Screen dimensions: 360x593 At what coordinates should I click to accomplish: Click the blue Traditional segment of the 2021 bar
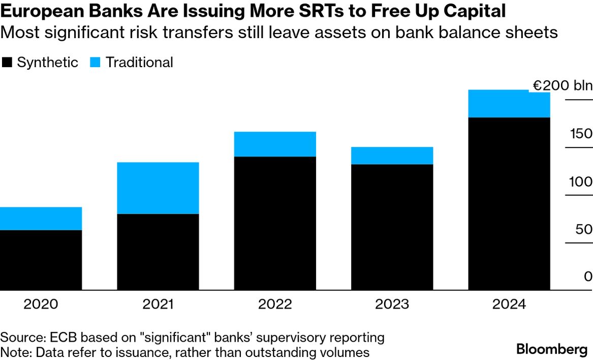click(158, 188)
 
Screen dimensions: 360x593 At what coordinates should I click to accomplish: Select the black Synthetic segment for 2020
click(41, 260)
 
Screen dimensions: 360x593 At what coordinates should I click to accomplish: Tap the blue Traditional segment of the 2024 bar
click(509, 104)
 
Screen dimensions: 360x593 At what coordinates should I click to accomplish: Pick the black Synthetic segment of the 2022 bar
click(275, 223)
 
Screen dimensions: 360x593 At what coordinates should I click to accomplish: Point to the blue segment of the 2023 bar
click(392, 156)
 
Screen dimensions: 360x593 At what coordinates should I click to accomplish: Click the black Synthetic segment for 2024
click(509, 203)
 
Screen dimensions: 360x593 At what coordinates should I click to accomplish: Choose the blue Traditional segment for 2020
click(41, 219)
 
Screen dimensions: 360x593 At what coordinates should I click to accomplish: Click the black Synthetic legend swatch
click(7, 63)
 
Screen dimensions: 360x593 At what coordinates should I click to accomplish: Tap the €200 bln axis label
click(562, 85)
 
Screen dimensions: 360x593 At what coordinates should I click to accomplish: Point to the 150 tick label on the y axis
click(581, 134)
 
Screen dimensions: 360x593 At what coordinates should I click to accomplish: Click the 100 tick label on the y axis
click(581, 182)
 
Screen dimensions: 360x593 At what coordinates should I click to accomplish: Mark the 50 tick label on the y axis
click(583, 229)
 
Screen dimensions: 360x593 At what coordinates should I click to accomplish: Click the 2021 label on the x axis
click(158, 305)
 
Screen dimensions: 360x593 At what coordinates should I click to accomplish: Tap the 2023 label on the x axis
click(392, 305)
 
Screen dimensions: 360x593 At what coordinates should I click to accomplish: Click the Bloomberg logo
click(552, 349)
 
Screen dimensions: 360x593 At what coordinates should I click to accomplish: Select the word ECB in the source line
click(53, 337)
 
